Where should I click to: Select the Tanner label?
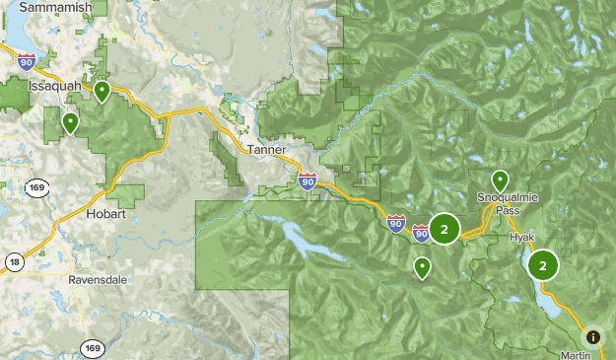266,150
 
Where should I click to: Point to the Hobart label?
105,213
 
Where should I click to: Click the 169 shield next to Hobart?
37,188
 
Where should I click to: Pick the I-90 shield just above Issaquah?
27,61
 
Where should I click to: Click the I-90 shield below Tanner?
308,180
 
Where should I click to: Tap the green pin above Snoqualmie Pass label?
501,180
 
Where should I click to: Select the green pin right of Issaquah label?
102,92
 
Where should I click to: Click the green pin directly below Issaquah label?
70,123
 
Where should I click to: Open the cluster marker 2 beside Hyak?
543,264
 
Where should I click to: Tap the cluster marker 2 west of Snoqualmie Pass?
445,230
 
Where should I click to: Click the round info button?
593,336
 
